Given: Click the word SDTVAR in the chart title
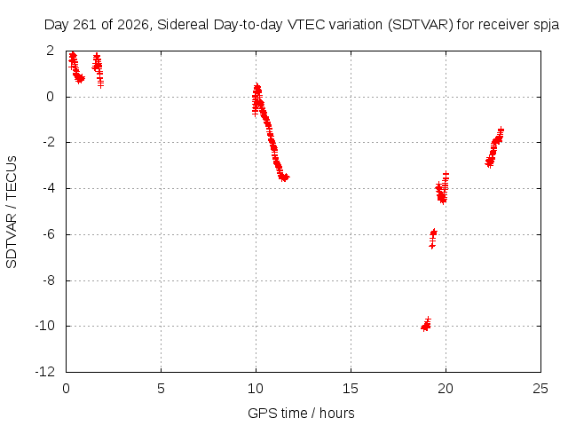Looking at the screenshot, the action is coord(420,25).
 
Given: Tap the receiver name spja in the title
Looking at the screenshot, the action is coord(547,26).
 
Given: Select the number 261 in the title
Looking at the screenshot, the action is coord(85,25).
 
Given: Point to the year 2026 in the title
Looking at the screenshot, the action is coord(133,25).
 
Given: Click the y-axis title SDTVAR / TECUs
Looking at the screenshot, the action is coord(12,212).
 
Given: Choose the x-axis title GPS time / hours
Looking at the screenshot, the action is coord(301,413).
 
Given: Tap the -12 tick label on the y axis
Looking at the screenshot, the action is coord(45,372).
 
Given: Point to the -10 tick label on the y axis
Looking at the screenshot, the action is coord(45,326).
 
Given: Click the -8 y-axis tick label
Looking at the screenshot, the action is coord(49,280).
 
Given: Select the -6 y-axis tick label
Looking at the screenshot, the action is coord(49,234).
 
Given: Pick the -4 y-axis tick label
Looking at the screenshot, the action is coord(49,188).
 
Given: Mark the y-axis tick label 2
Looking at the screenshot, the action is coord(51,51).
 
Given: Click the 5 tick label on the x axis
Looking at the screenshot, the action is coord(161,389).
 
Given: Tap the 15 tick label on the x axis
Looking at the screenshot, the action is coord(351,389).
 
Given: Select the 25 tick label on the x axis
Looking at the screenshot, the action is coord(540,389).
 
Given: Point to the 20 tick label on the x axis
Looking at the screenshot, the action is coord(446,389).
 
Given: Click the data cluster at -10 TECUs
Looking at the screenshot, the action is coord(426,325).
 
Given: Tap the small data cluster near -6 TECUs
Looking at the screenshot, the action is coord(433,239).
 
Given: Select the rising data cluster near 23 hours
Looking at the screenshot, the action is coord(494,147).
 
